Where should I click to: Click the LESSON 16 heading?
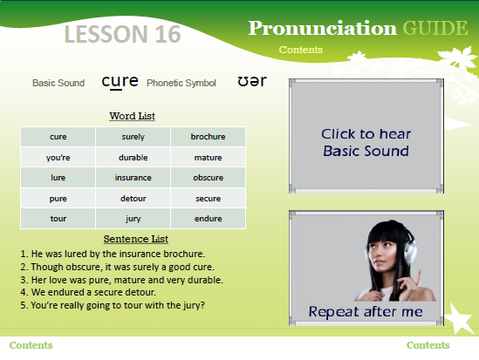122,34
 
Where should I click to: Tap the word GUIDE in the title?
435,28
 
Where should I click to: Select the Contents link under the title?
301,50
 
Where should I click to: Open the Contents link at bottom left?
31,345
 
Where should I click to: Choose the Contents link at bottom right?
428,345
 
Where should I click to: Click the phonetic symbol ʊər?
252,81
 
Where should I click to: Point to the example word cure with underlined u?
120,82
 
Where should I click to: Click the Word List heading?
132,116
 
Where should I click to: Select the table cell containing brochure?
208,137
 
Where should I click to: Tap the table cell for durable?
133,157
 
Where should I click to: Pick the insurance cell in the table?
133,178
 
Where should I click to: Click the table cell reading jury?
133,219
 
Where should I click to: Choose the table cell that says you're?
58,157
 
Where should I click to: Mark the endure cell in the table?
208,219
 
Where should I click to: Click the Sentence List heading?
135,239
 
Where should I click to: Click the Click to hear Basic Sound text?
366,142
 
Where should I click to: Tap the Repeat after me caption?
366,311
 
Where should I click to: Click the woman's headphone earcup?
410,251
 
